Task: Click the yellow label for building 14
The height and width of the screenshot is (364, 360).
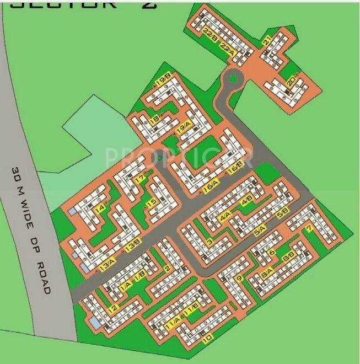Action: pos(100,210)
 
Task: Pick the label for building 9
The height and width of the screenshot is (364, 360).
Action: pos(239,279)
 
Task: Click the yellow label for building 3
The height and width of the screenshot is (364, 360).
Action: pos(209,243)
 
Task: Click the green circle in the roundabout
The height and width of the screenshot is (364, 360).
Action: pos(233,78)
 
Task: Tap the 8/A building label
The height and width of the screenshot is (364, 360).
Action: pos(267,271)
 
